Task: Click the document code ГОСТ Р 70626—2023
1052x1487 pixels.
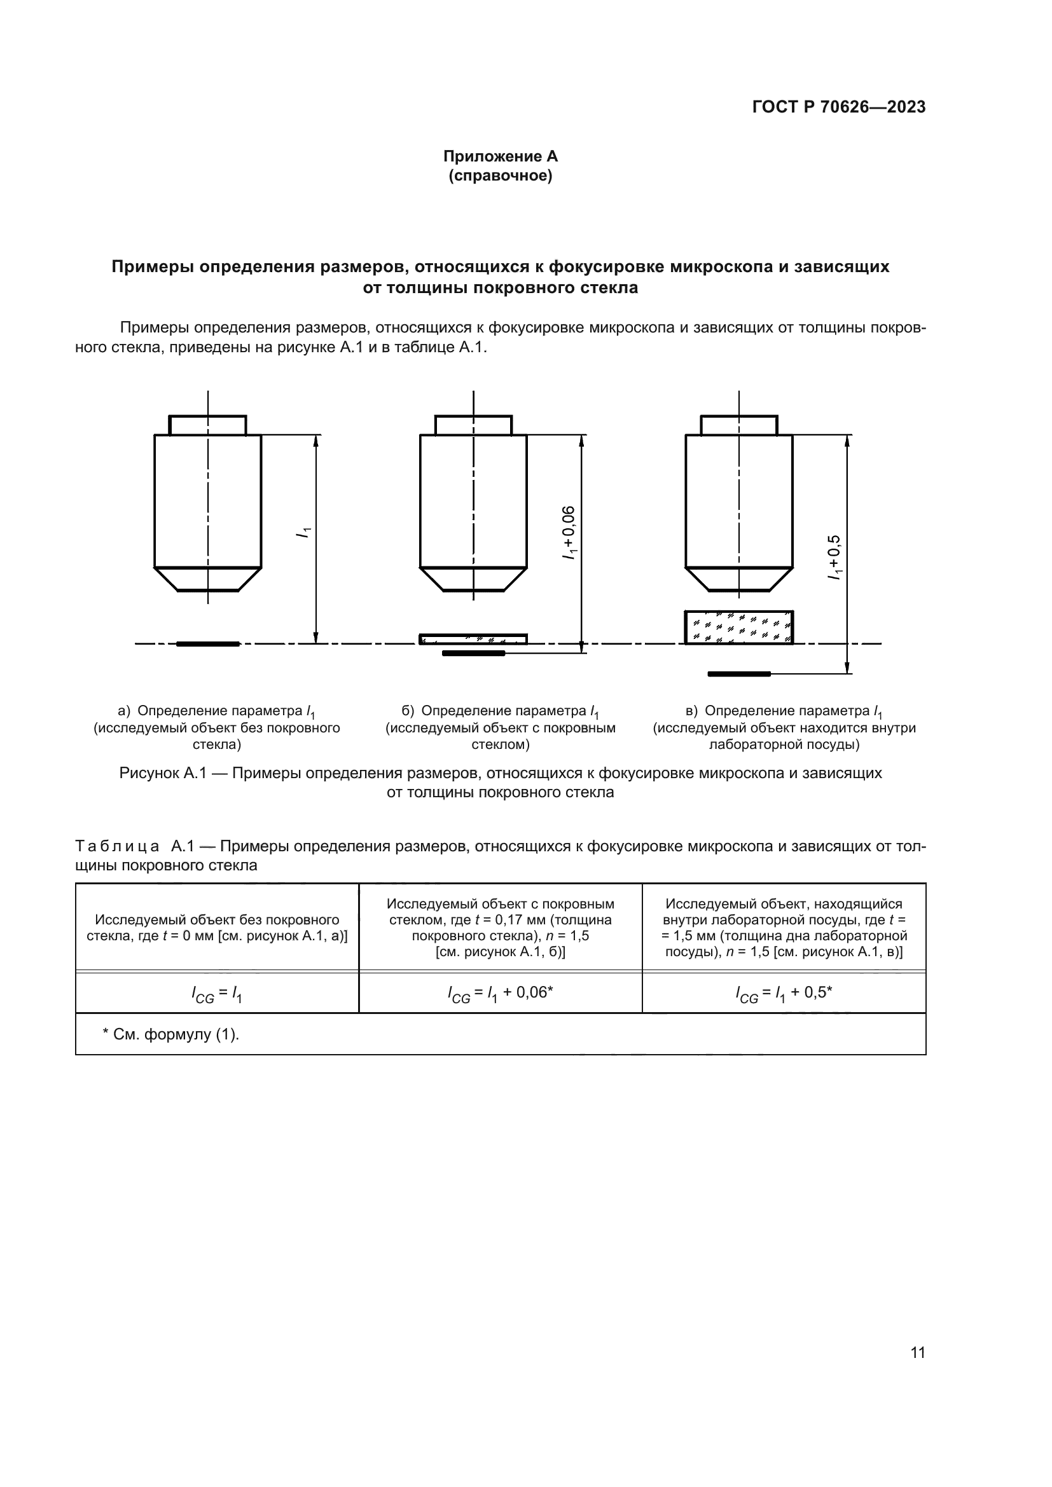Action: tap(838, 107)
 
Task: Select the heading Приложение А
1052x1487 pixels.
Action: tap(500, 156)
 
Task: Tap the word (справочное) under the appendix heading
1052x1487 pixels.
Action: tap(500, 176)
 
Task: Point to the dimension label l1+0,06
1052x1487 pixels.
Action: tap(569, 532)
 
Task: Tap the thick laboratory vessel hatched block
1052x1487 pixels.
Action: tap(738, 627)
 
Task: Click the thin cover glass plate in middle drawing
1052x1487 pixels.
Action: tap(473, 639)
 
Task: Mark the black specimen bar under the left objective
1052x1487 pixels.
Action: tap(208, 644)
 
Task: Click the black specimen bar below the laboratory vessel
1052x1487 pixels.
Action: tap(738, 674)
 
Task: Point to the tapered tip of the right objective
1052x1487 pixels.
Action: tap(738, 579)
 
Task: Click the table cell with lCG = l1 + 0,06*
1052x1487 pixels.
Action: tap(500, 994)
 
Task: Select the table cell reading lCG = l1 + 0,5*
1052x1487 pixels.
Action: tap(783, 994)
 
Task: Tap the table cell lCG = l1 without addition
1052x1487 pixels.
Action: tap(217, 994)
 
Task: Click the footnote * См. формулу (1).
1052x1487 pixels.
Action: tap(171, 1034)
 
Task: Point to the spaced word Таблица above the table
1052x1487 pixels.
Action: tap(117, 846)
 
